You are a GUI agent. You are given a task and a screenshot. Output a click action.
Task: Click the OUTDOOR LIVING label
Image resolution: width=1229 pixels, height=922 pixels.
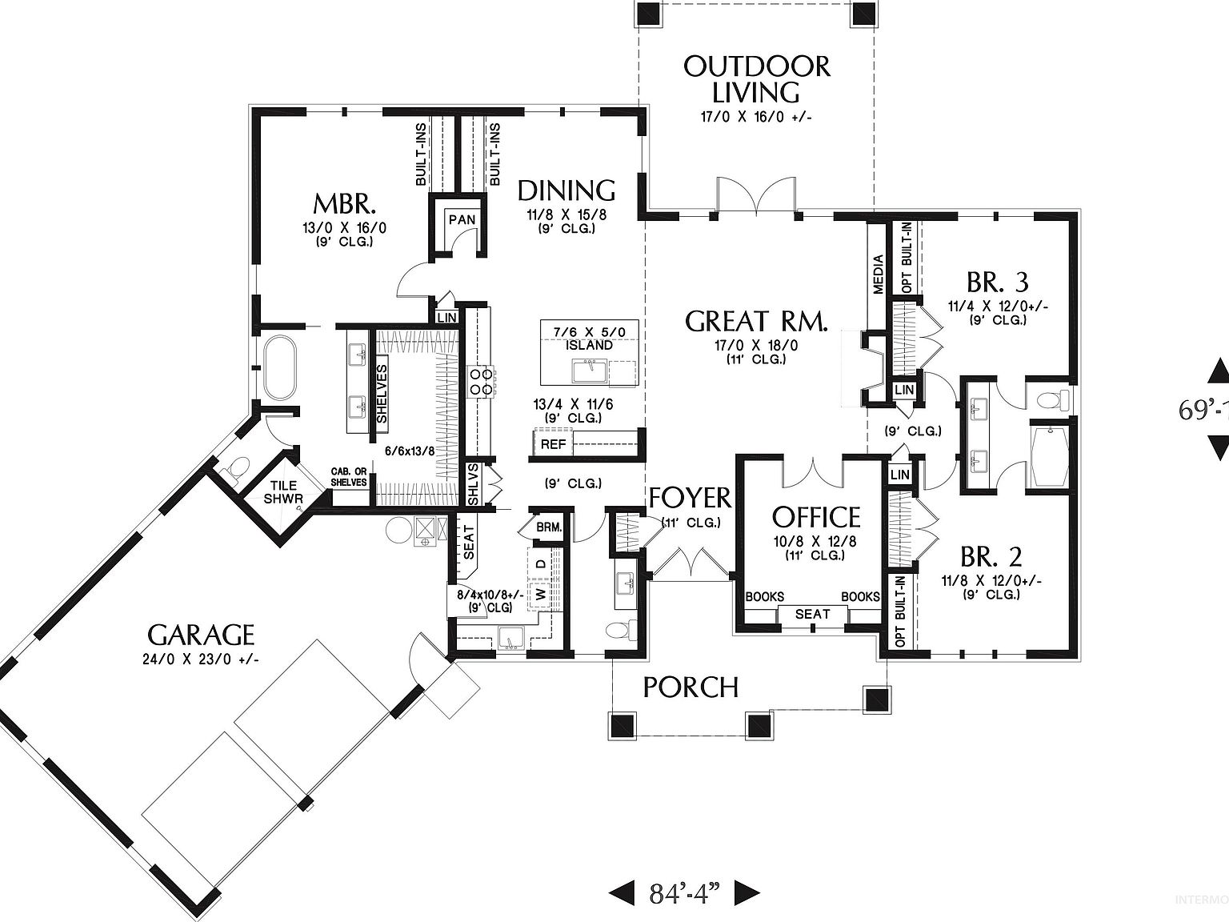coord(757,78)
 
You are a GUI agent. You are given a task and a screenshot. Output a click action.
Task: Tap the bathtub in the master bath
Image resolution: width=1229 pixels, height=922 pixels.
coord(278,368)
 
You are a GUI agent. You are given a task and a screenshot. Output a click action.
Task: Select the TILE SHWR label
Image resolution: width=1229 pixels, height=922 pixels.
coord(283,491)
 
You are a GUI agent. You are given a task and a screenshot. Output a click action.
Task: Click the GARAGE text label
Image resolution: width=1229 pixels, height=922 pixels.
coord(201,635)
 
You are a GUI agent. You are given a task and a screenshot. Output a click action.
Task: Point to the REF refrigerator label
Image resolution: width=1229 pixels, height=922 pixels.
coord(553,444)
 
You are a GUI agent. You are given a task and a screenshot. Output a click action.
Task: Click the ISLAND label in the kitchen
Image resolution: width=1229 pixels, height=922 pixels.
coord(589,345)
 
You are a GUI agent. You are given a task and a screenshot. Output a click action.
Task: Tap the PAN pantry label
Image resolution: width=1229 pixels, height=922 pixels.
coord(462,219)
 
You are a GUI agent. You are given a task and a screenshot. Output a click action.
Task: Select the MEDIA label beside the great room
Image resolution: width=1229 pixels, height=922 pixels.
coord(878,274)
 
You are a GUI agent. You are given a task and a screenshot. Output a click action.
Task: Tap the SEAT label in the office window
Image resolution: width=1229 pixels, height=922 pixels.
coord(812,614)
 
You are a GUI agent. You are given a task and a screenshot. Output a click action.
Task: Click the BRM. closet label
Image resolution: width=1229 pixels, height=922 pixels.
coord(549,527)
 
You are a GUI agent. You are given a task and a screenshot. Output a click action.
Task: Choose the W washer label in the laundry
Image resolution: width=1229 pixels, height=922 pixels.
coord(540,595)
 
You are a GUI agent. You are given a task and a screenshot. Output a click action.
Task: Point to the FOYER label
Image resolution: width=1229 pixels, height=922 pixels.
coord(690,498)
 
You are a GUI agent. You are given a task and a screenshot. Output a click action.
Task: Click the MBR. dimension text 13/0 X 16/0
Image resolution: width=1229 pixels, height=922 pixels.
coord(344,227)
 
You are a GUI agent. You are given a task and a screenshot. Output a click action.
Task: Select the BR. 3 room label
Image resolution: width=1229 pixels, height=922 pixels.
coord(997,282)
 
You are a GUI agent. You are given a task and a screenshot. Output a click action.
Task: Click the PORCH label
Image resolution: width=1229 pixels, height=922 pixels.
coord(691,687)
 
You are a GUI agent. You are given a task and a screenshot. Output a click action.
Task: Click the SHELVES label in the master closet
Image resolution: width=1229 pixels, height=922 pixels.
coord(382,394)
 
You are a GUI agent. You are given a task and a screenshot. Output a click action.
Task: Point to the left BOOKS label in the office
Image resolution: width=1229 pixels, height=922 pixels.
coord(764,596)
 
